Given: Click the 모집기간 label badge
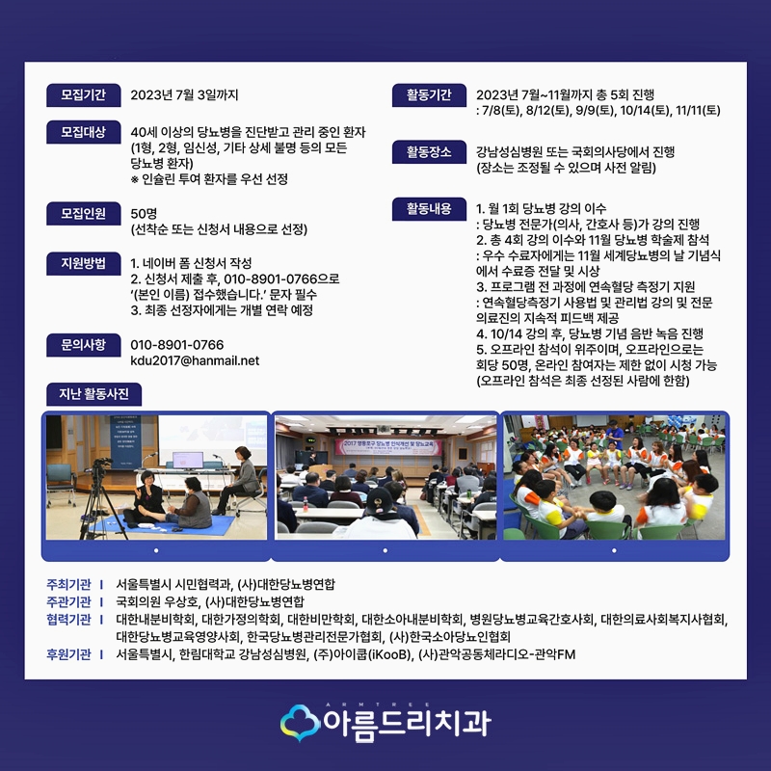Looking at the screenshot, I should (83, 94).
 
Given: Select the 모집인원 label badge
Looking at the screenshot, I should (83, 213).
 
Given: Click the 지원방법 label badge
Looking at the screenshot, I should (83, 263).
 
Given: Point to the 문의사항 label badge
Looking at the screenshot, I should (83, 344).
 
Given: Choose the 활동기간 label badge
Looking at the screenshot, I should (429, 94).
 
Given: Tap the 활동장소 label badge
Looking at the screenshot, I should (429, 151).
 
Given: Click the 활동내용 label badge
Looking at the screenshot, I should (429, 207).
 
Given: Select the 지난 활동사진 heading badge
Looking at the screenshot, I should (94, 393).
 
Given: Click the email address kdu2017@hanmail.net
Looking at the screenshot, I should (195, 361).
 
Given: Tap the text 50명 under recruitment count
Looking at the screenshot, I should (144, 213).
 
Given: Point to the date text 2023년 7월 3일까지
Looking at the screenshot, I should (184, 94).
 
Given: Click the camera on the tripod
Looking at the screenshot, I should (99, 472).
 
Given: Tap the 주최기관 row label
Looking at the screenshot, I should (68, 584).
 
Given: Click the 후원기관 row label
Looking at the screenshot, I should (68, 653).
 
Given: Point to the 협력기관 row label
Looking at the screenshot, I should (68, 619).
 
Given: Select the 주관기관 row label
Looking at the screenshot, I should (68, 601).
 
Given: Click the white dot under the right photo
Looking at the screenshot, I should (614, 550).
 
